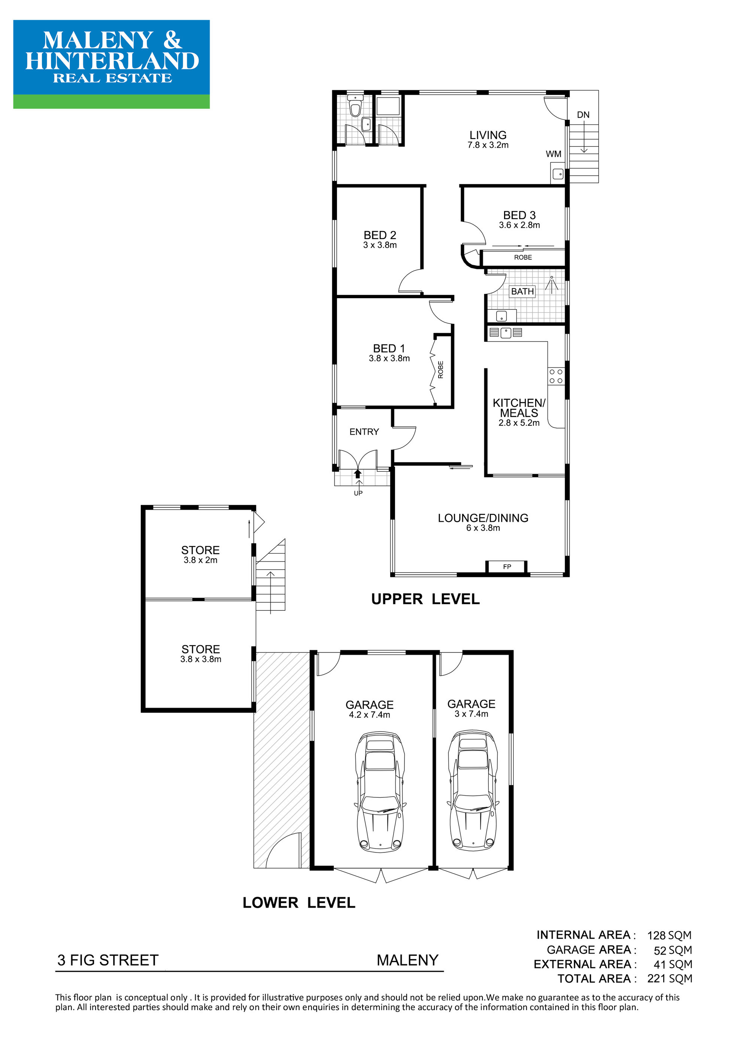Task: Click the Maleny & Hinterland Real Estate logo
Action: (111, 64)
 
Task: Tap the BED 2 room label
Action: (380, 235)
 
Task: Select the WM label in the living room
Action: (554, 154)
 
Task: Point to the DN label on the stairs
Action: (583, 115)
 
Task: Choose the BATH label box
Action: (522, 291)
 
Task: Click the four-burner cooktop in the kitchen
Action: (556, 376)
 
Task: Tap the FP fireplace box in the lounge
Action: (507, 567)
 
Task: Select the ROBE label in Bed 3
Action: (523, 257)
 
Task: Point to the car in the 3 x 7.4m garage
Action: (473, 791)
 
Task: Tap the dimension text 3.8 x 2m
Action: (200, 560)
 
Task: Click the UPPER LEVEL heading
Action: (425, 599)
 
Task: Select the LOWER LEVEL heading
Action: (299, 903)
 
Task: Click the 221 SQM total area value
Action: (670, 978)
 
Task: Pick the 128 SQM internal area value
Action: (669, 935)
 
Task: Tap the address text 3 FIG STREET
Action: (107, 960)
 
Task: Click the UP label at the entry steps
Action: (358, 493)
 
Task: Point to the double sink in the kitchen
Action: (505, 332)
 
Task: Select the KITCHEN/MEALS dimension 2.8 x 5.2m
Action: (519, 423)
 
